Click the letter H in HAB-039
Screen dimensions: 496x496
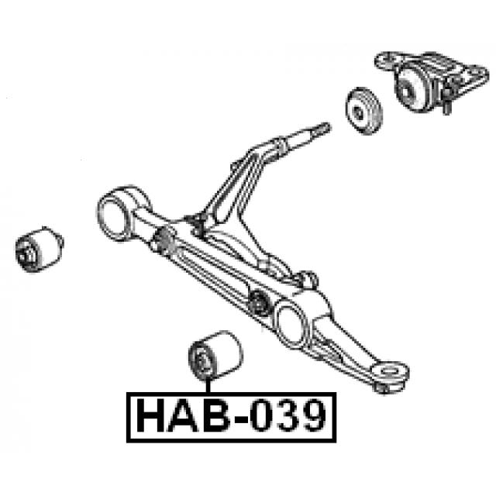coord(150,415)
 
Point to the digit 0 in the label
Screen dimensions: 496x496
coord(261,415)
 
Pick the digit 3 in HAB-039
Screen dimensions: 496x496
coord(288,415)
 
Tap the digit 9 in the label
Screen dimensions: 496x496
coord(314,415)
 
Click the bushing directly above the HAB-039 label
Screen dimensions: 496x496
coord(215,354)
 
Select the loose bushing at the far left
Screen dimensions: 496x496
coord(40,250)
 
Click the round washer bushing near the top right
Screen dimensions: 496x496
coord(363,111)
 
